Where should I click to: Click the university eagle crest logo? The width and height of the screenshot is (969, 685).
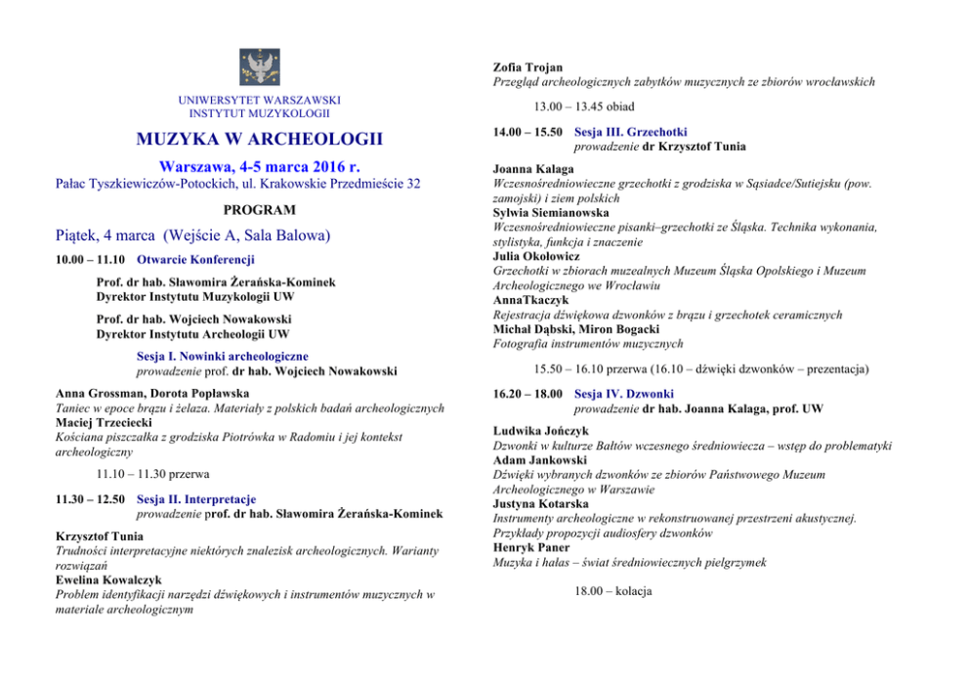click(259, 67)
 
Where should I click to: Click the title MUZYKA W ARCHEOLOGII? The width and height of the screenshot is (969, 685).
click(259, 138)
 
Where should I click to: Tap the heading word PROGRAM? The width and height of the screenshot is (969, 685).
click(259, 210)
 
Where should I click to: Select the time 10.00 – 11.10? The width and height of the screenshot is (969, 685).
click(90, 260)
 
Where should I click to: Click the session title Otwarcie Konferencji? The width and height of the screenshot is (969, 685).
click(195, 260)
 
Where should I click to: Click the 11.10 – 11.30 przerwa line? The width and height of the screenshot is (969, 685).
click(152, 474)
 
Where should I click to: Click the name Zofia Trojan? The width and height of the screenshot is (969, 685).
click(528, 67)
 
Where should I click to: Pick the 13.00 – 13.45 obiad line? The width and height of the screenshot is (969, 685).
click(584, 107)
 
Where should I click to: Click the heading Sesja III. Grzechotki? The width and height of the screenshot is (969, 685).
click(631, 132)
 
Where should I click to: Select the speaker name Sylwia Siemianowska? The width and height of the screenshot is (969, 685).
click(551, 212)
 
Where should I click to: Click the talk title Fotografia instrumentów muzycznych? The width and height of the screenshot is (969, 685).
click(588, 344)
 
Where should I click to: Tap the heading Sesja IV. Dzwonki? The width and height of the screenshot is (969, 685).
click(624, 394)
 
